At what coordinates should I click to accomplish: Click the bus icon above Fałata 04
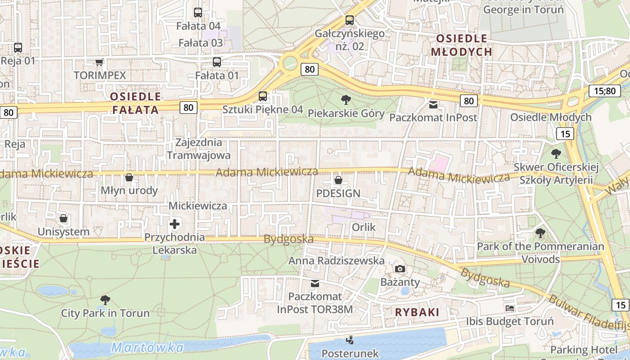coord(198,13)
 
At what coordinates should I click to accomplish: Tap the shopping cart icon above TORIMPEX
coord(99,62)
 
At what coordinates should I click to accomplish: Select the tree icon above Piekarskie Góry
coord(346,100)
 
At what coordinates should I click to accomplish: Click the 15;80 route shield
coord(604,91)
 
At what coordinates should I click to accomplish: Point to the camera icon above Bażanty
coord(400,269)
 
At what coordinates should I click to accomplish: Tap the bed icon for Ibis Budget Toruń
coord(510,308)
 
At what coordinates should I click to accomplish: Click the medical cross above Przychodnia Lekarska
coord(175,224)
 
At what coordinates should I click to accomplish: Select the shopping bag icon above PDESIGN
coord(338,180)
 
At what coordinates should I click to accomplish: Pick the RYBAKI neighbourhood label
coord(417,312)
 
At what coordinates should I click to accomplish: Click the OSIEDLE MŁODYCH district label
coord(461,45)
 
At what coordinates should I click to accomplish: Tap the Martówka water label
coord(147,347)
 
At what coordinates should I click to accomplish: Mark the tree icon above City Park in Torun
coord(105,299)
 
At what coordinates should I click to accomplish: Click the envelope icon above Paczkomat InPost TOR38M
coord(315,283)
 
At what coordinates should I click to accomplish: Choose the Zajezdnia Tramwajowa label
coord(199,149)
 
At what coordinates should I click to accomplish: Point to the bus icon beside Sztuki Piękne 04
coord(263,96)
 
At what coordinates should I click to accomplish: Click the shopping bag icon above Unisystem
coord(64,218)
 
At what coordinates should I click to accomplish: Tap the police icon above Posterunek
coord(350,340)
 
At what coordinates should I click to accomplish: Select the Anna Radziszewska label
coord(336,261)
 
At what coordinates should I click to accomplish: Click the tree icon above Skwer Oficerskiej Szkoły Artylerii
coord(556,154)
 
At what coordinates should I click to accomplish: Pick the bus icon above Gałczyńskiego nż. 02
coord(350,20)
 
